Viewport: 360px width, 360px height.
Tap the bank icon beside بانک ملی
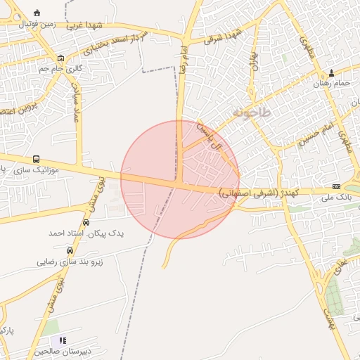[x=336, y=186]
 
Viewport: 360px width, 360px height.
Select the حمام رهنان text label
[x=332, y=84]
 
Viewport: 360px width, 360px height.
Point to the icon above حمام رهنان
[x=332, y=72]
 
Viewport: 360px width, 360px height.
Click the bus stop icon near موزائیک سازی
[x=36, y=159]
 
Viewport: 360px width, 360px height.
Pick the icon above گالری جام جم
[x=60, y=58]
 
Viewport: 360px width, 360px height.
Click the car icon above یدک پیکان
[x=86, y=222]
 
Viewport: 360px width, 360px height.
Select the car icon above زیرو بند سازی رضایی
[x=70, y=250]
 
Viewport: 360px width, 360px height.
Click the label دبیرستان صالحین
[x=44, y=350]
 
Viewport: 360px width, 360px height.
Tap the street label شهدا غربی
[x=86, y=26]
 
